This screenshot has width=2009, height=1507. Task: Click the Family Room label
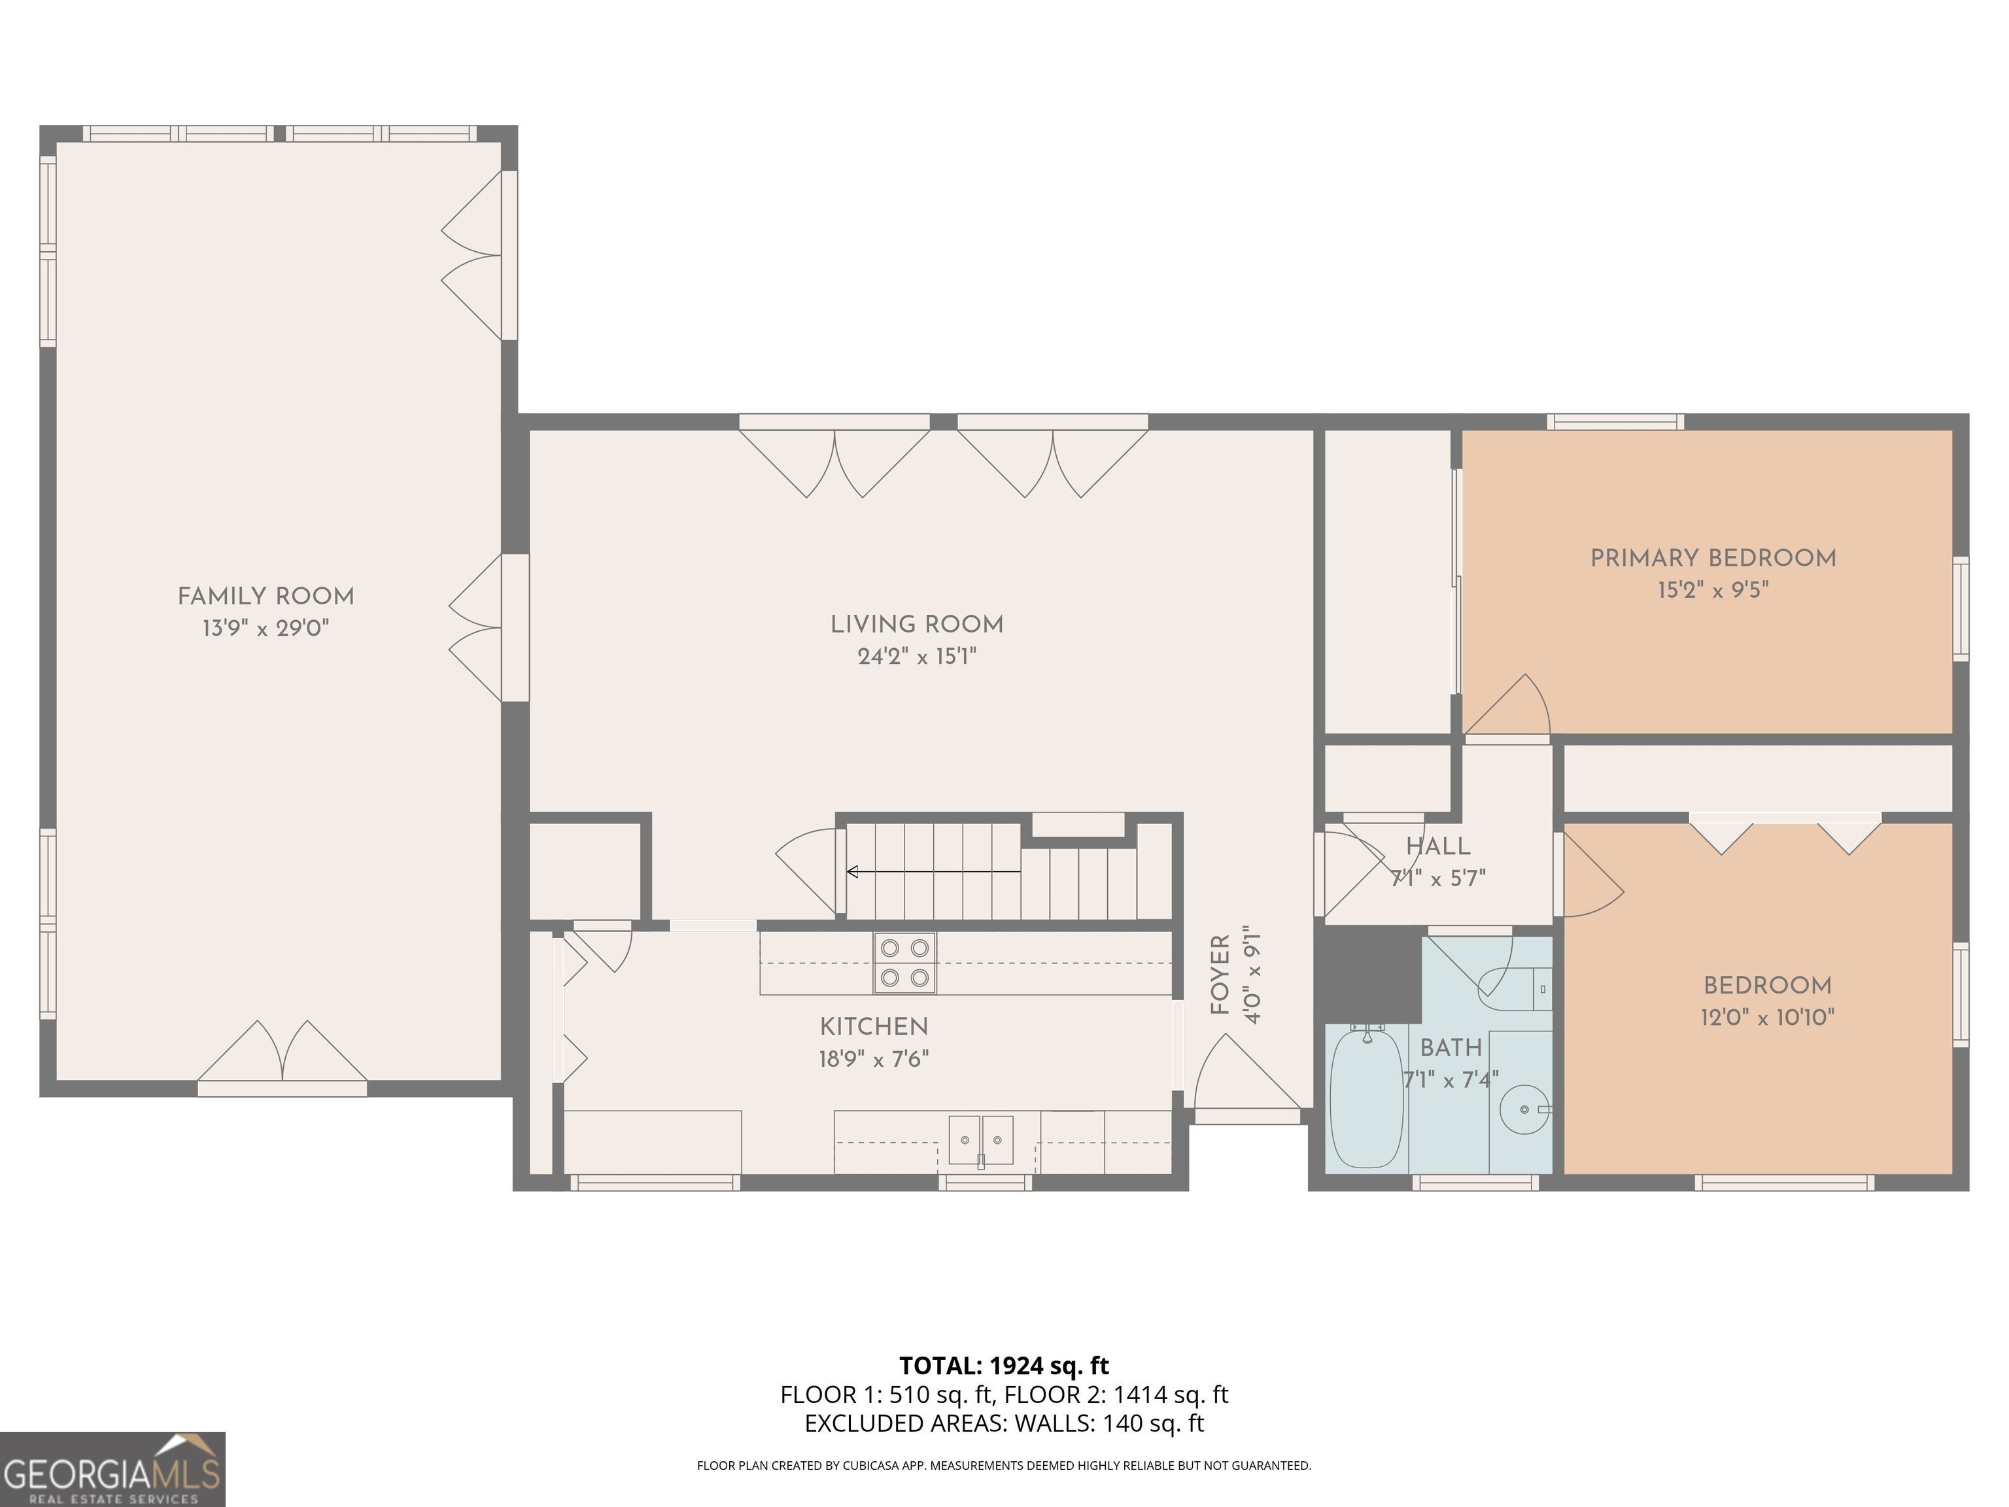click(x=266, y=597)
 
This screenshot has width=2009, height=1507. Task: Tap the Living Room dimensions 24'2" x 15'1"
click(x=916, y=656)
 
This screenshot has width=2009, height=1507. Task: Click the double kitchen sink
click(x=981, y=1140)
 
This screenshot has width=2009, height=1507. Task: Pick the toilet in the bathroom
click(x=1515, y=988)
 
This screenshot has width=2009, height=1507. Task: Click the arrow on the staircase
click(x=934, y=872)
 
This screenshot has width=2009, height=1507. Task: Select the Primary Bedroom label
click(x=1713, y=558)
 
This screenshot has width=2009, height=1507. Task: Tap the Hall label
click(x=1437, y=846)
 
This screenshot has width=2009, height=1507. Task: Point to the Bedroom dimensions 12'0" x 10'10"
click(x=1768, y=1017)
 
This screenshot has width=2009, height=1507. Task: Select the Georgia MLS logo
click(x=112, y=1469)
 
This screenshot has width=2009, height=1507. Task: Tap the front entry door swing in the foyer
click(x=1248, y=1073)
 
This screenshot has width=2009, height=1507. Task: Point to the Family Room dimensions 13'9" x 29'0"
click(x=266, y=628)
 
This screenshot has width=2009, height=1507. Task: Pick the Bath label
click(x=1451, y=1047)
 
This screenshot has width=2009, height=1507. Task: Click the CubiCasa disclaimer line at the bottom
click(x=1004, y=1465)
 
